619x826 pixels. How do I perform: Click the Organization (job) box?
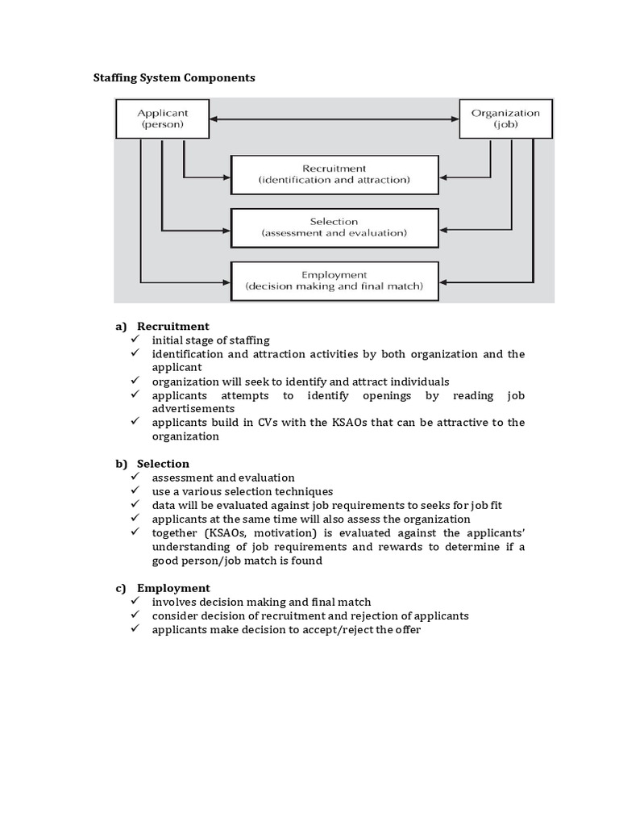tap(506, 119)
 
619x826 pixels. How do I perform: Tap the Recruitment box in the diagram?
tap(334, 174)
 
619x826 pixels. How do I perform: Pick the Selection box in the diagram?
tap(334, 227)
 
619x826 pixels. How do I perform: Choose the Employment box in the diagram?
tap(334, 280)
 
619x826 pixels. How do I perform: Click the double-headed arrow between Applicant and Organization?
tap(322, 120)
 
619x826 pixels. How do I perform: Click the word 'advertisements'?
tap(193, 409)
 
